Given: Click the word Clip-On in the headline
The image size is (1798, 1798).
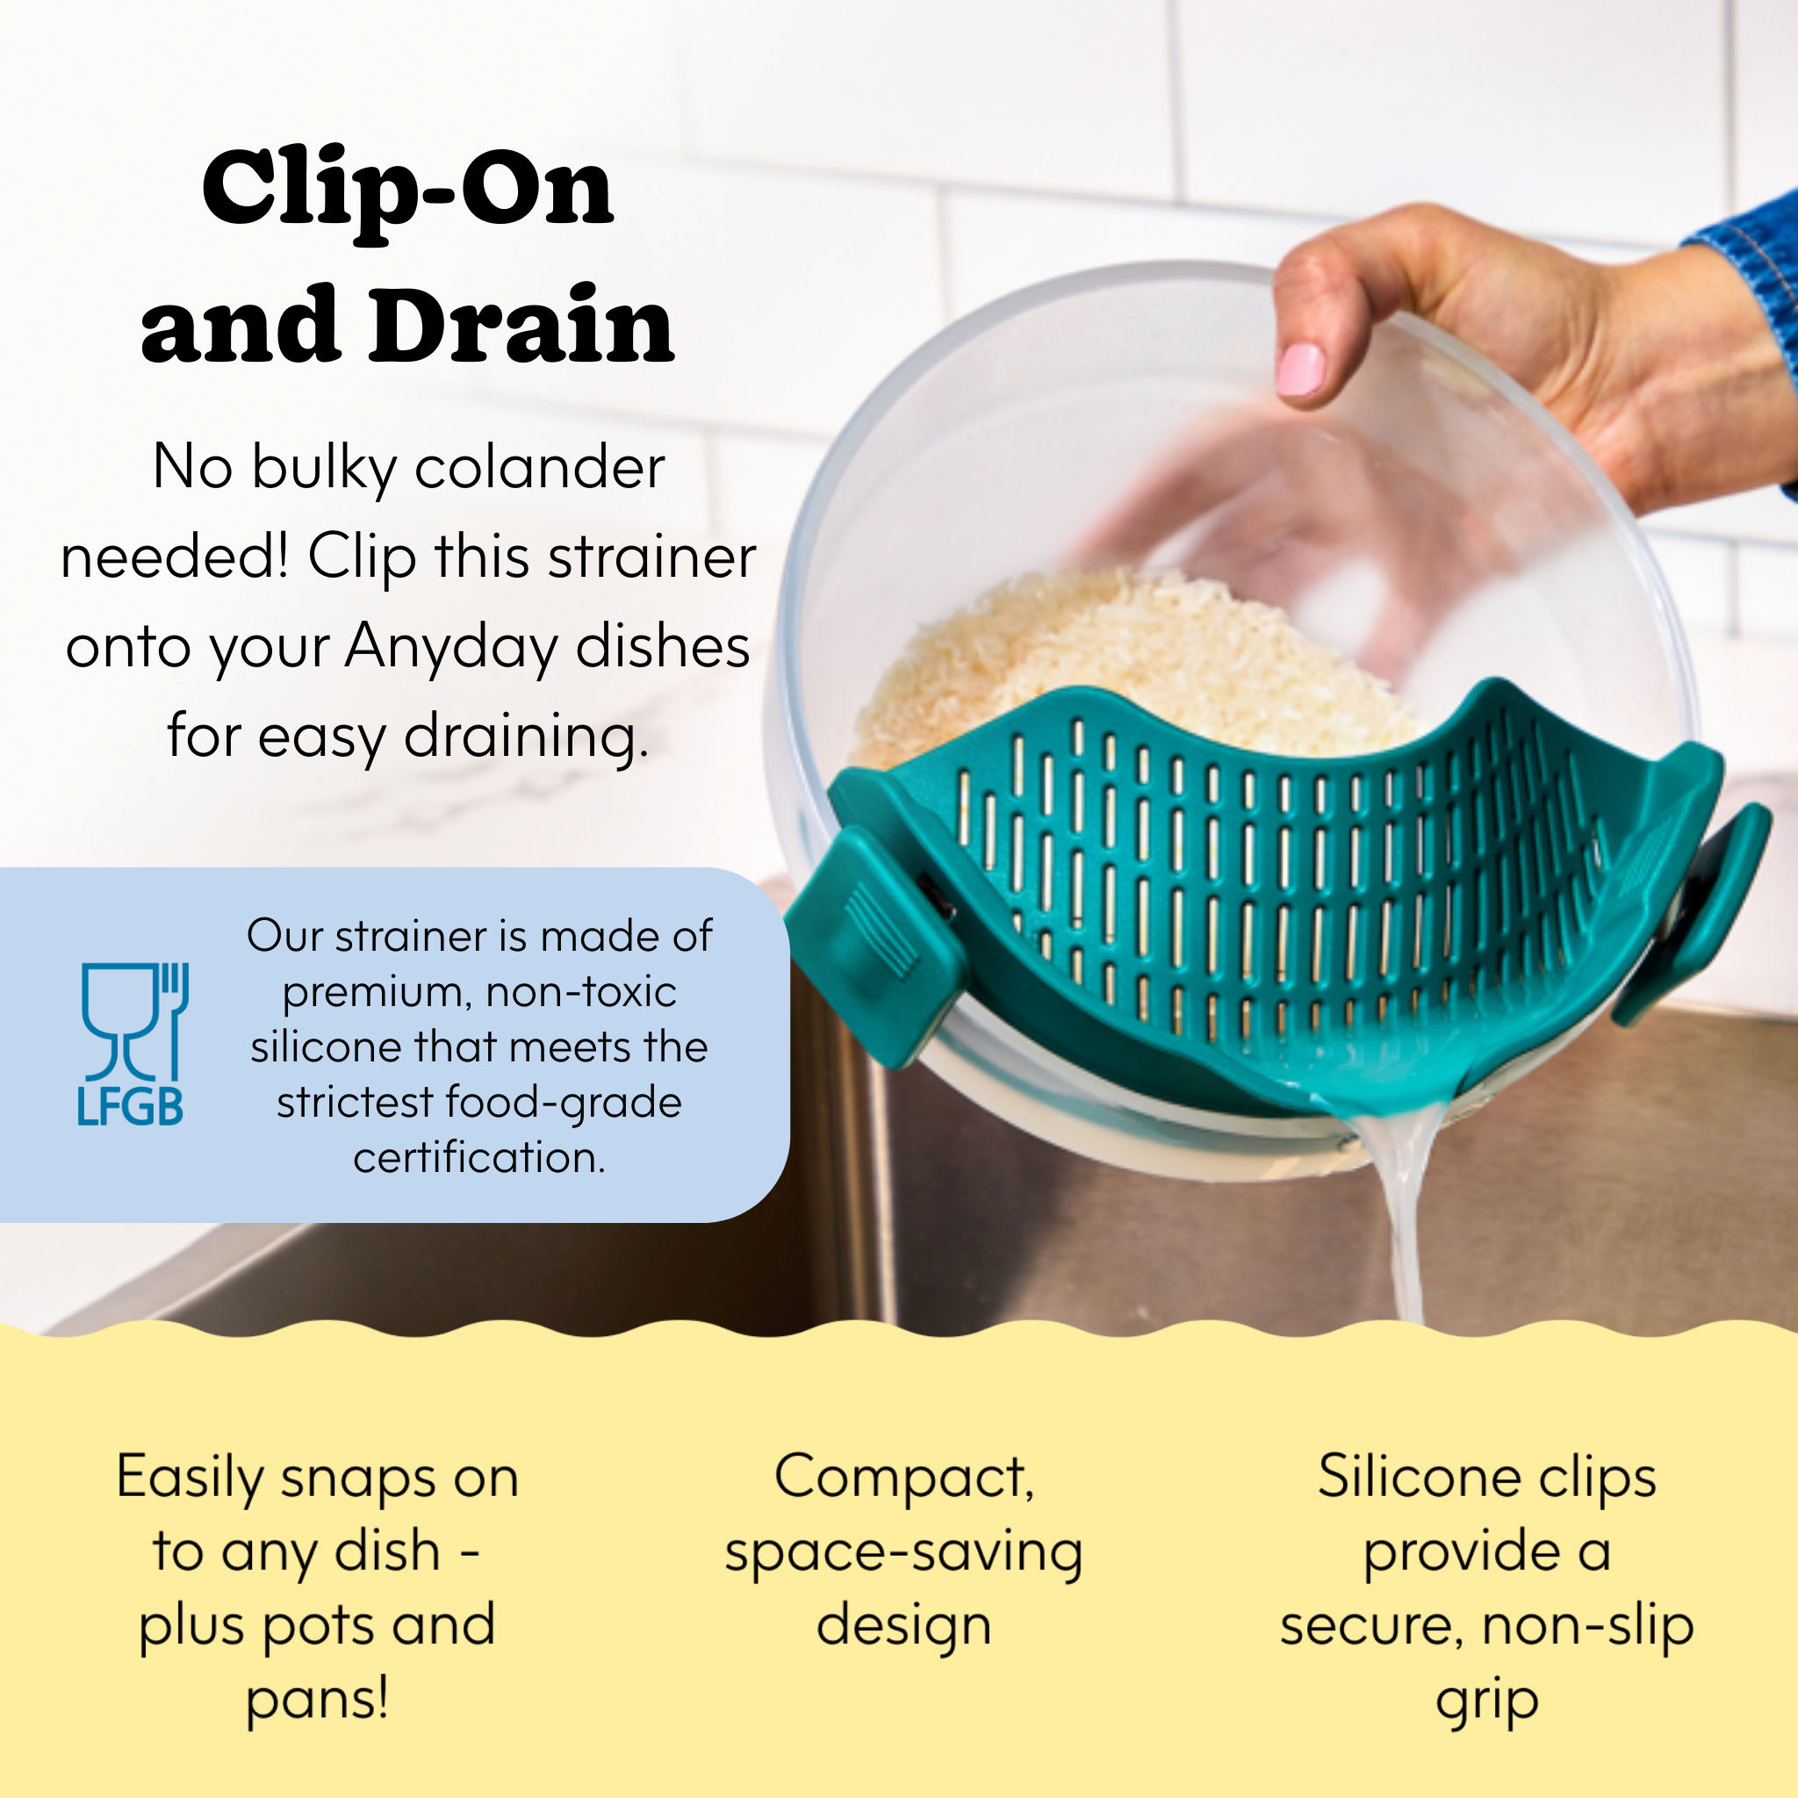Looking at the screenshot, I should (406, 191).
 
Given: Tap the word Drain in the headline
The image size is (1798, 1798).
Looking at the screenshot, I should (521, 326).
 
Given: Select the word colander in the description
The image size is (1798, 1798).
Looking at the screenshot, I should (540, 467).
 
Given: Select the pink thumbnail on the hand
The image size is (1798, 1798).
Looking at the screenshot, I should (1301, 370).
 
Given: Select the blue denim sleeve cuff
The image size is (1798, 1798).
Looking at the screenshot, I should (1754, 270).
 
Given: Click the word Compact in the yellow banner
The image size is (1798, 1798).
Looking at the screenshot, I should (903, 1478).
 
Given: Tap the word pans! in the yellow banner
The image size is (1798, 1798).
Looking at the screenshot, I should (316, 1700).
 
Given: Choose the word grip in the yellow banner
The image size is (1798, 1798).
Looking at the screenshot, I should (1486, 1701).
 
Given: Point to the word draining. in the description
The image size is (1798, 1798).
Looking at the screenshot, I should (526, 737).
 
